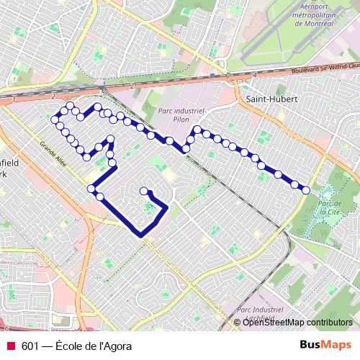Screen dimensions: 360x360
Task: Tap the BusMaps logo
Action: (325, 345)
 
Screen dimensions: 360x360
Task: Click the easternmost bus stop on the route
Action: (306, 190)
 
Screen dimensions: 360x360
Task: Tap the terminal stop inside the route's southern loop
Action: (144, 191)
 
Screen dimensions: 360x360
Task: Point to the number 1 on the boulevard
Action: (14, 98)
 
